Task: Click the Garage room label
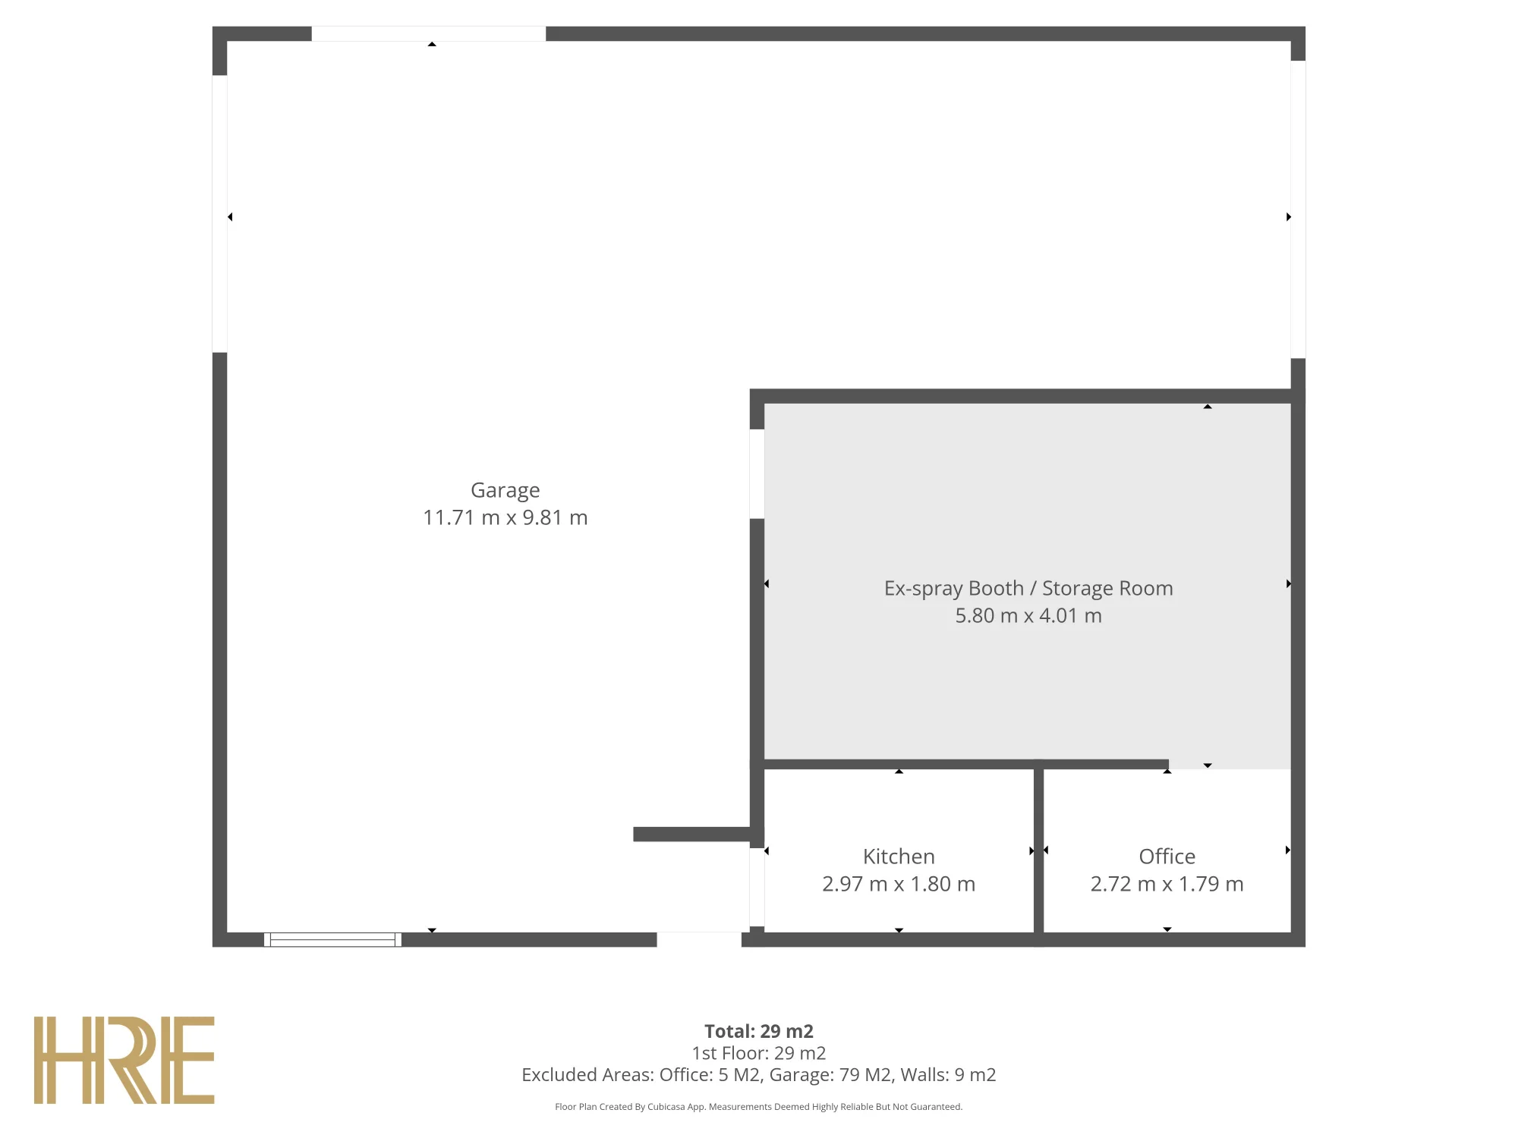[505, 491]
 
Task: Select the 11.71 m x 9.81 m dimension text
[505, 517]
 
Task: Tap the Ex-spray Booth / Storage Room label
[1028, 589]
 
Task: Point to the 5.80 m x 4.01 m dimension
[1028, 615]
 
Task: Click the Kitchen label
[899, 857]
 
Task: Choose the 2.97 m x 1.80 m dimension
[899, 884]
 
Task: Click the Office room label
[1167, 857]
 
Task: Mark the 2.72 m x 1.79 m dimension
[1167, 884]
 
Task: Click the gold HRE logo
[124, 1060]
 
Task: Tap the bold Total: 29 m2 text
[759, 1031]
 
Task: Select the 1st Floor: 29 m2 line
[759, 1053]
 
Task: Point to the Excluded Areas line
[759, 1075]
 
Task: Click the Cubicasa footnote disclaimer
[759, 1107]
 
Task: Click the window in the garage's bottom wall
[332, 940]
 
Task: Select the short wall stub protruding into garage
[694, 835]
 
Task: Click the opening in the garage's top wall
[429, 33]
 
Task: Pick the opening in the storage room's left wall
[757, 474]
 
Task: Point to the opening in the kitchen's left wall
[757, 887]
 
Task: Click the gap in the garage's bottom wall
[699, 940]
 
